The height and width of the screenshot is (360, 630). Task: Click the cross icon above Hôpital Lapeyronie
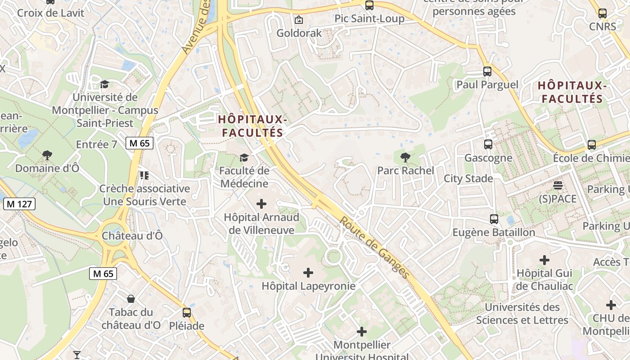pos(308,273)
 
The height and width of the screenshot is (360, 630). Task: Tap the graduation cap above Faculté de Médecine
pos(244,157)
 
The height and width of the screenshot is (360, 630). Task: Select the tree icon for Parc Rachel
pos(405,157)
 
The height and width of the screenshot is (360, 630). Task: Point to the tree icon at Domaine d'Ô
pos(47,155)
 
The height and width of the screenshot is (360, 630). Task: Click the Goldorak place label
pos(299,33)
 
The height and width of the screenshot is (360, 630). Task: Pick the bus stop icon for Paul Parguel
pos(487,72)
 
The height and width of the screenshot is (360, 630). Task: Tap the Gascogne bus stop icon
pos(488,144)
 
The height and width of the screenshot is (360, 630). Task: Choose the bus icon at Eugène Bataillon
pos(494,219)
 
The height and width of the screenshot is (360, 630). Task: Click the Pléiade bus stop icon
pos(187,312)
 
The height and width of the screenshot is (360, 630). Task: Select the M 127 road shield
pos(19,204)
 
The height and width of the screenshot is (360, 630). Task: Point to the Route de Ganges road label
pos(374,247)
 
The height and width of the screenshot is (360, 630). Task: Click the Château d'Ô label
pos(132,236)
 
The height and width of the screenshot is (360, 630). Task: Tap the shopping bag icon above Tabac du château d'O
pos(131,299)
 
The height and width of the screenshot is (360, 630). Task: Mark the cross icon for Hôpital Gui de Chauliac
pos(544,260)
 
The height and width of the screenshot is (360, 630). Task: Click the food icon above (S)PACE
pos(558,185)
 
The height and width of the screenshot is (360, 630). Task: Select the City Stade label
pos(468,179)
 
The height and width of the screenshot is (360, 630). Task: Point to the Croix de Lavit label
pos(50,13)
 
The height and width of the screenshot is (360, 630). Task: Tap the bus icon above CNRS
pos(603,13)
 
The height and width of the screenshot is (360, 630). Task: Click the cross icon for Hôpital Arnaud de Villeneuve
pos(261,204)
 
